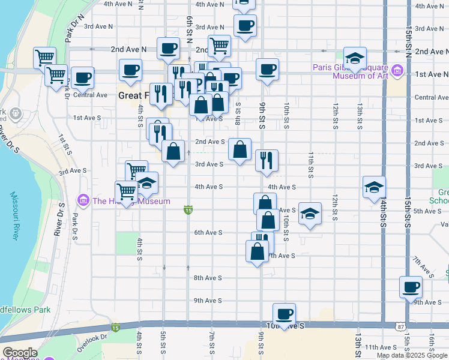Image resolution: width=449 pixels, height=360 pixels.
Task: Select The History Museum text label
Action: pyautogui.click(x=130, y=201)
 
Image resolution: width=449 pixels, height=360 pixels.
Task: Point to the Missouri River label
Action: pyautogui.click(x=14, y=216)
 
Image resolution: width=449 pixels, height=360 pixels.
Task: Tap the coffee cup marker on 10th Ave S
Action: pyautogui.click(x=285, y=314)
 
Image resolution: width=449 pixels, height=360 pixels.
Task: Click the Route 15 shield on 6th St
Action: pyautogui.click(x=188, y=210)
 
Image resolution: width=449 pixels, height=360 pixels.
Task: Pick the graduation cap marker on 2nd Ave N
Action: pyautogui.click(x=355, y=58)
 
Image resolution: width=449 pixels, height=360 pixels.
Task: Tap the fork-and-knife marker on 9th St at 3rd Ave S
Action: pyautogui.click(x=267, y=160)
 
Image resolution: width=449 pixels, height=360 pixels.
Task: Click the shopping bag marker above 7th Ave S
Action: pyautogui.click(x=257, y=251)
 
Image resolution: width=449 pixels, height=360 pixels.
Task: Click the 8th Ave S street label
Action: pyautogui.click(x=208, y=278)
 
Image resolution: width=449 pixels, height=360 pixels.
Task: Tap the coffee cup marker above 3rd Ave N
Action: pyautogui.click(x=244, y=26)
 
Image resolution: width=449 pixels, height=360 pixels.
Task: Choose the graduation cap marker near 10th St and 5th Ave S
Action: pyautogui.click(x=310, y=214)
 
